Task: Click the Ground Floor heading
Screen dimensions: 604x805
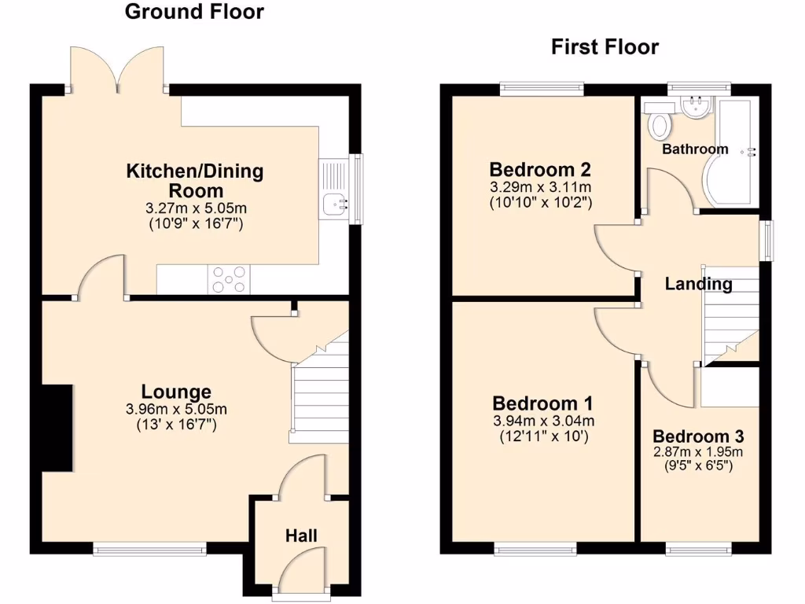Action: click(194, 12)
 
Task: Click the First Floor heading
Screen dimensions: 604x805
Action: click(605, 47)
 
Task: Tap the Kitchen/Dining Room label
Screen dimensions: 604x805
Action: click(195, 180)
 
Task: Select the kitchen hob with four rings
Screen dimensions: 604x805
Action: click(229, 279)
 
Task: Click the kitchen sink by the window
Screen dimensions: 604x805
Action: click(335, 204)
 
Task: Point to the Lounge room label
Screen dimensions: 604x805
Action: click(176, 391)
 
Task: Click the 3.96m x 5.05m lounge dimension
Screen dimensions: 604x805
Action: click(176, 409)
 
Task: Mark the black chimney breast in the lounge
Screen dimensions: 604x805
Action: click(57, 428)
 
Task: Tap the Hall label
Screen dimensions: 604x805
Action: click(301, 536)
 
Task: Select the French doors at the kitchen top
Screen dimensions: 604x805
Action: click(117, 69)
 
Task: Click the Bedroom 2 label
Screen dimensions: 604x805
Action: click(539, 169)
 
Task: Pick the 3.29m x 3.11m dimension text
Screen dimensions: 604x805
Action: click(540, 187)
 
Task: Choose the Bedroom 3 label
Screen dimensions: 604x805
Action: click(698, 436)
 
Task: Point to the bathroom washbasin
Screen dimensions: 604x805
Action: click(696, 108)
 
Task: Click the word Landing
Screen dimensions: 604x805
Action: click(698, 284)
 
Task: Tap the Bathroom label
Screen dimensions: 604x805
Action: click(695, 149)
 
